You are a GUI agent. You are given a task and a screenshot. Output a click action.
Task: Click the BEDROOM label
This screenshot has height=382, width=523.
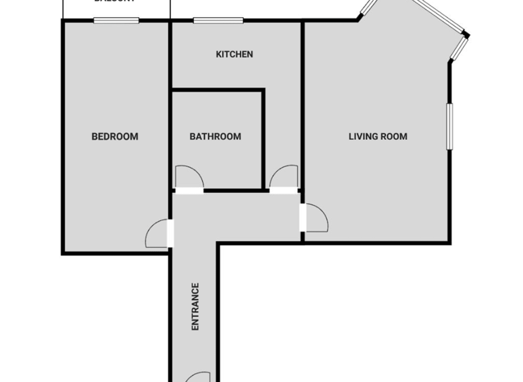(114, 136)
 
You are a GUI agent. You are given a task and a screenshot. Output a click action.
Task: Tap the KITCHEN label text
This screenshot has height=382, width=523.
(234, 55)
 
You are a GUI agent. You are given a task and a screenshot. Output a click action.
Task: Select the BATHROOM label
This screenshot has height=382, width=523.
(215, 136)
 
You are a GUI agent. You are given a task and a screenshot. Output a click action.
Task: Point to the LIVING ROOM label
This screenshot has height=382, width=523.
(378, 136)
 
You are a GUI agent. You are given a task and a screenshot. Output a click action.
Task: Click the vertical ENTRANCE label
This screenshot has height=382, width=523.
(195, 307)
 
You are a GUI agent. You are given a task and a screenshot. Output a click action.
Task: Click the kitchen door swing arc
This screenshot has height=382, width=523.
(283, 176)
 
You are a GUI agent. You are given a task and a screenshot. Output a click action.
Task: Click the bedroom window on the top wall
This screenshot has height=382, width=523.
(116, 20)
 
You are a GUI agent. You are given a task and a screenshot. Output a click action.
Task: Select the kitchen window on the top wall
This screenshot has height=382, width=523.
(218, 20)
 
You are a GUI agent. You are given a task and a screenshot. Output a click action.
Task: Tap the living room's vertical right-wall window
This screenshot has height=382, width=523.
(449, 126)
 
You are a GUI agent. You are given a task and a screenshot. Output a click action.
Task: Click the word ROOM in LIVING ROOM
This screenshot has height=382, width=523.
(394, 136)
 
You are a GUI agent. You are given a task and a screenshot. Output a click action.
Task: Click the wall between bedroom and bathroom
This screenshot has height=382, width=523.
(170, 136)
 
